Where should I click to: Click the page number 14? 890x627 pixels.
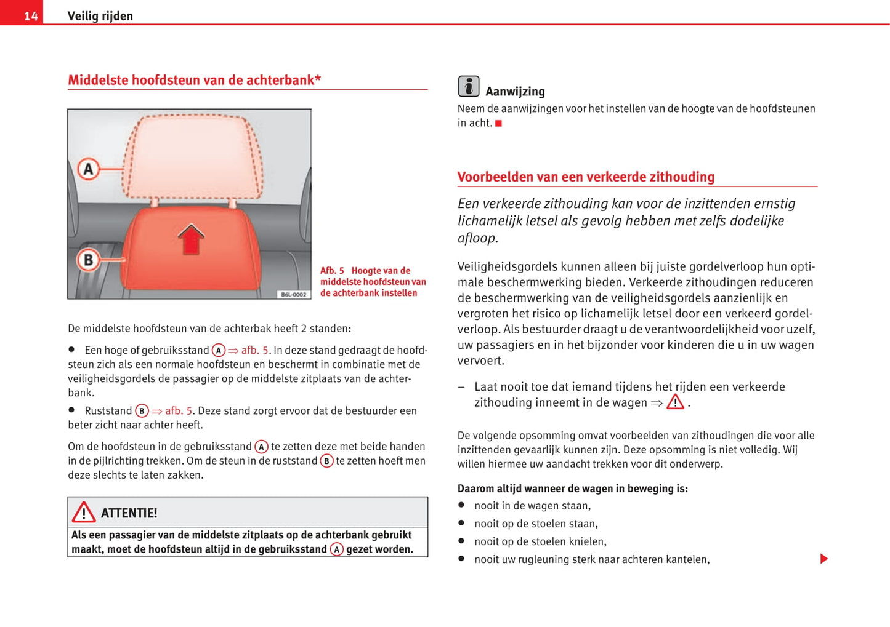coord(31,16)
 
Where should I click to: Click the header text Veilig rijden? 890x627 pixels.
coord(100,16)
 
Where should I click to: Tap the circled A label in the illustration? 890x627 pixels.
coord(89,169)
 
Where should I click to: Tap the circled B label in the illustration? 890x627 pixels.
coord(88,260)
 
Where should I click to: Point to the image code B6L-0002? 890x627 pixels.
coord(293,295)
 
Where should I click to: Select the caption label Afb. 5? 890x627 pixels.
coord(332,271)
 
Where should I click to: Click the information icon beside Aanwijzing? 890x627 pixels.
coord(469,87)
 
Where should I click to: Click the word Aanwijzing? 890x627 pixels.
coord(515,92)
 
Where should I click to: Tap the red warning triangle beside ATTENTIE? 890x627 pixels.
coord(84,512)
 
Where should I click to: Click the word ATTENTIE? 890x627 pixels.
coord(129,513)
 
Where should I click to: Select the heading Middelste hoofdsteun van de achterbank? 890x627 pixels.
coord(194,80)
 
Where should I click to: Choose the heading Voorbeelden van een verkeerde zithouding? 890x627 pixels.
coord(586,177)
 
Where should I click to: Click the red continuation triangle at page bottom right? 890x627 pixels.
coord(824,559)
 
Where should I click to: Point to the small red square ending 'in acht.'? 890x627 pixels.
coord(499,124)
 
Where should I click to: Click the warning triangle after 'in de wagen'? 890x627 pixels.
coord(675,402)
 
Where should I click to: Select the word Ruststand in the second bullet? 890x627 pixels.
coord(108,410)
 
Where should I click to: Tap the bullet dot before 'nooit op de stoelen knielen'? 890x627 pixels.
coord(461,541)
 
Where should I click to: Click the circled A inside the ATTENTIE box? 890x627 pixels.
coord(336,549)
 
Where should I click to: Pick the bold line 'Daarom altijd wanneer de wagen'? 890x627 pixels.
coord(572,489)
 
